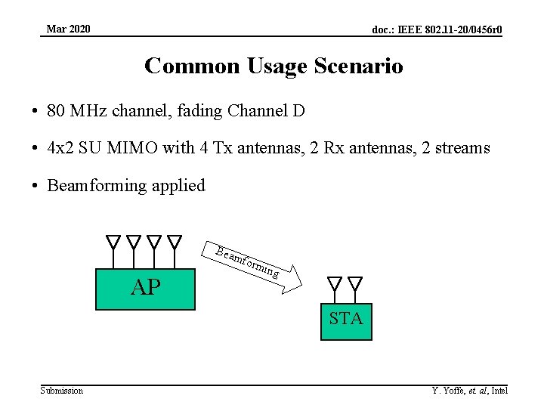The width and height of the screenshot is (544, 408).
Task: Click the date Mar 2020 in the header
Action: pyautogui.click(x=68, y=29)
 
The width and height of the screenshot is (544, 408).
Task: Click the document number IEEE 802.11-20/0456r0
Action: pyautogui.click(x=437, y=30)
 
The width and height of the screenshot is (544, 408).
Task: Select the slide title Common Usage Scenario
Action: pyautogui.click(x=274, y=66)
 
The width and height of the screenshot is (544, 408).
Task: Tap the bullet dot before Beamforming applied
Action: pyautogui.click(x=36, y=186)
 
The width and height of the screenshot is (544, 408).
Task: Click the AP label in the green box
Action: pyautogui.click(x=145, y=287)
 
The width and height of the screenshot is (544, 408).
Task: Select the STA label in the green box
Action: pyautogui.click(x=346, y=319)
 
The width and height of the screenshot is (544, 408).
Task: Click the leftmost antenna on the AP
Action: pyautogui.click(x=113, y=243)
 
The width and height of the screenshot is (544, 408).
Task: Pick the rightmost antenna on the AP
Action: pyautogui.click(x=175, y=243)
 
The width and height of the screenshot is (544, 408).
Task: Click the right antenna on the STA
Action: pyautogui.click(x=355, y=284)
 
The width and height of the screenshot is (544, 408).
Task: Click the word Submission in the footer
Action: pyautogui.click(x=62, y=390)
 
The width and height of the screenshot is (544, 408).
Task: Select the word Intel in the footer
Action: pyautogui.click(x=499, y=390)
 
